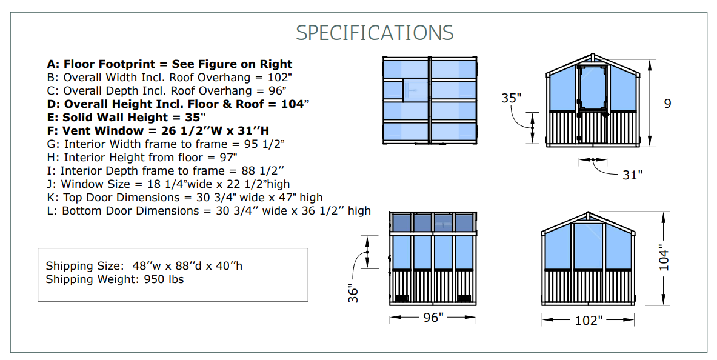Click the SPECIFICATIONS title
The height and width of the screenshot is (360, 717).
pyautogui.click(x=375, y=33)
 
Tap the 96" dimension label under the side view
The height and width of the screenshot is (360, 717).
pyautogui.click(x=433, y=318)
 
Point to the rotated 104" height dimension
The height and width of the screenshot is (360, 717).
pyautogui.click(x=664, y=258)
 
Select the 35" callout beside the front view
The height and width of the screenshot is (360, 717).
pyautogui.click(x=511, y=98)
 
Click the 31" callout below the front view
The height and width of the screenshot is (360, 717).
pyautogui.click(x=632, y=175)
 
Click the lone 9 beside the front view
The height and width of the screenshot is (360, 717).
pyautogui.click(x=668, y=104)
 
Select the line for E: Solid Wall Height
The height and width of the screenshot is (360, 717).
pyautogui.click(x=126, y=118)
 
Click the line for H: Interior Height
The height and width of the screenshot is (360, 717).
pyautogui.click(x=142, y=158)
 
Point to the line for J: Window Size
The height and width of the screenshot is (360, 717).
pyautogui.click(x=168, y=184)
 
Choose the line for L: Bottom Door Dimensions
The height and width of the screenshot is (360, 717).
pyautogui.click(x=209, y=211)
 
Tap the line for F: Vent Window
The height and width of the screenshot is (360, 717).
pyautogui.click(x=158, y=131)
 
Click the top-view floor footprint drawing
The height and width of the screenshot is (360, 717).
pyautogui.click(x=430, y=101)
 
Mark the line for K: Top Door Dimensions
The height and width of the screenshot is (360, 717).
pyautogui.click(x=185, y=198)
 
